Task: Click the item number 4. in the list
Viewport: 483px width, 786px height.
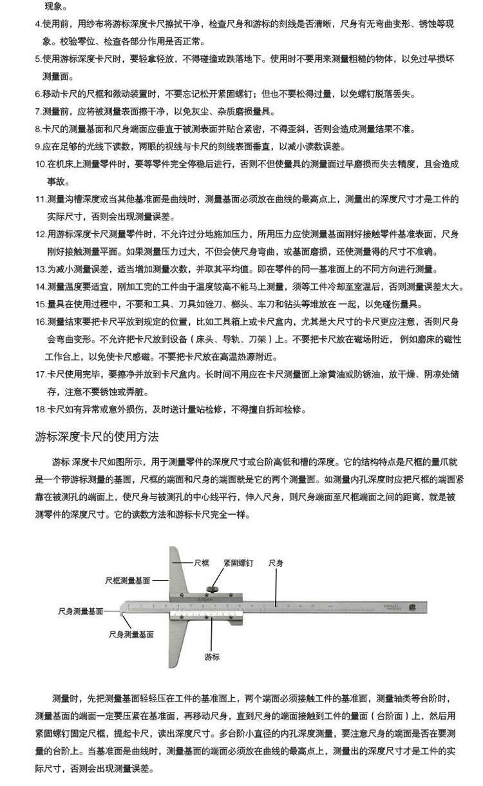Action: [38, 24]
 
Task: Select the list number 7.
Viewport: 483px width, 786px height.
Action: [38, 111]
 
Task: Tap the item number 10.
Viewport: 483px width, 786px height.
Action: [40, 164]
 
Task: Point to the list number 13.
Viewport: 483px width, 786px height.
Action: [40, 269]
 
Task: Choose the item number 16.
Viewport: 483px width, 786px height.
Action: [40, 321]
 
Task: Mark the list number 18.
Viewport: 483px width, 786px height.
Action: [40, 409]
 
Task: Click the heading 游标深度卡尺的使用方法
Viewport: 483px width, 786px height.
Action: [96, 437]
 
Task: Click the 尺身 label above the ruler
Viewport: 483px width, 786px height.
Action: [276, 562]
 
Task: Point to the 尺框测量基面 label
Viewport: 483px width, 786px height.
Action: [128, 580]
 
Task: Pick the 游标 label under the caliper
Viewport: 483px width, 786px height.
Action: [212, 657]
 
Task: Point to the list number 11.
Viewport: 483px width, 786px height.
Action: [40, 199]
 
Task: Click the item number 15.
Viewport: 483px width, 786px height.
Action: [40, 303]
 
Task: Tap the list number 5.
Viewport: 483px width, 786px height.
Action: [38, 59]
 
